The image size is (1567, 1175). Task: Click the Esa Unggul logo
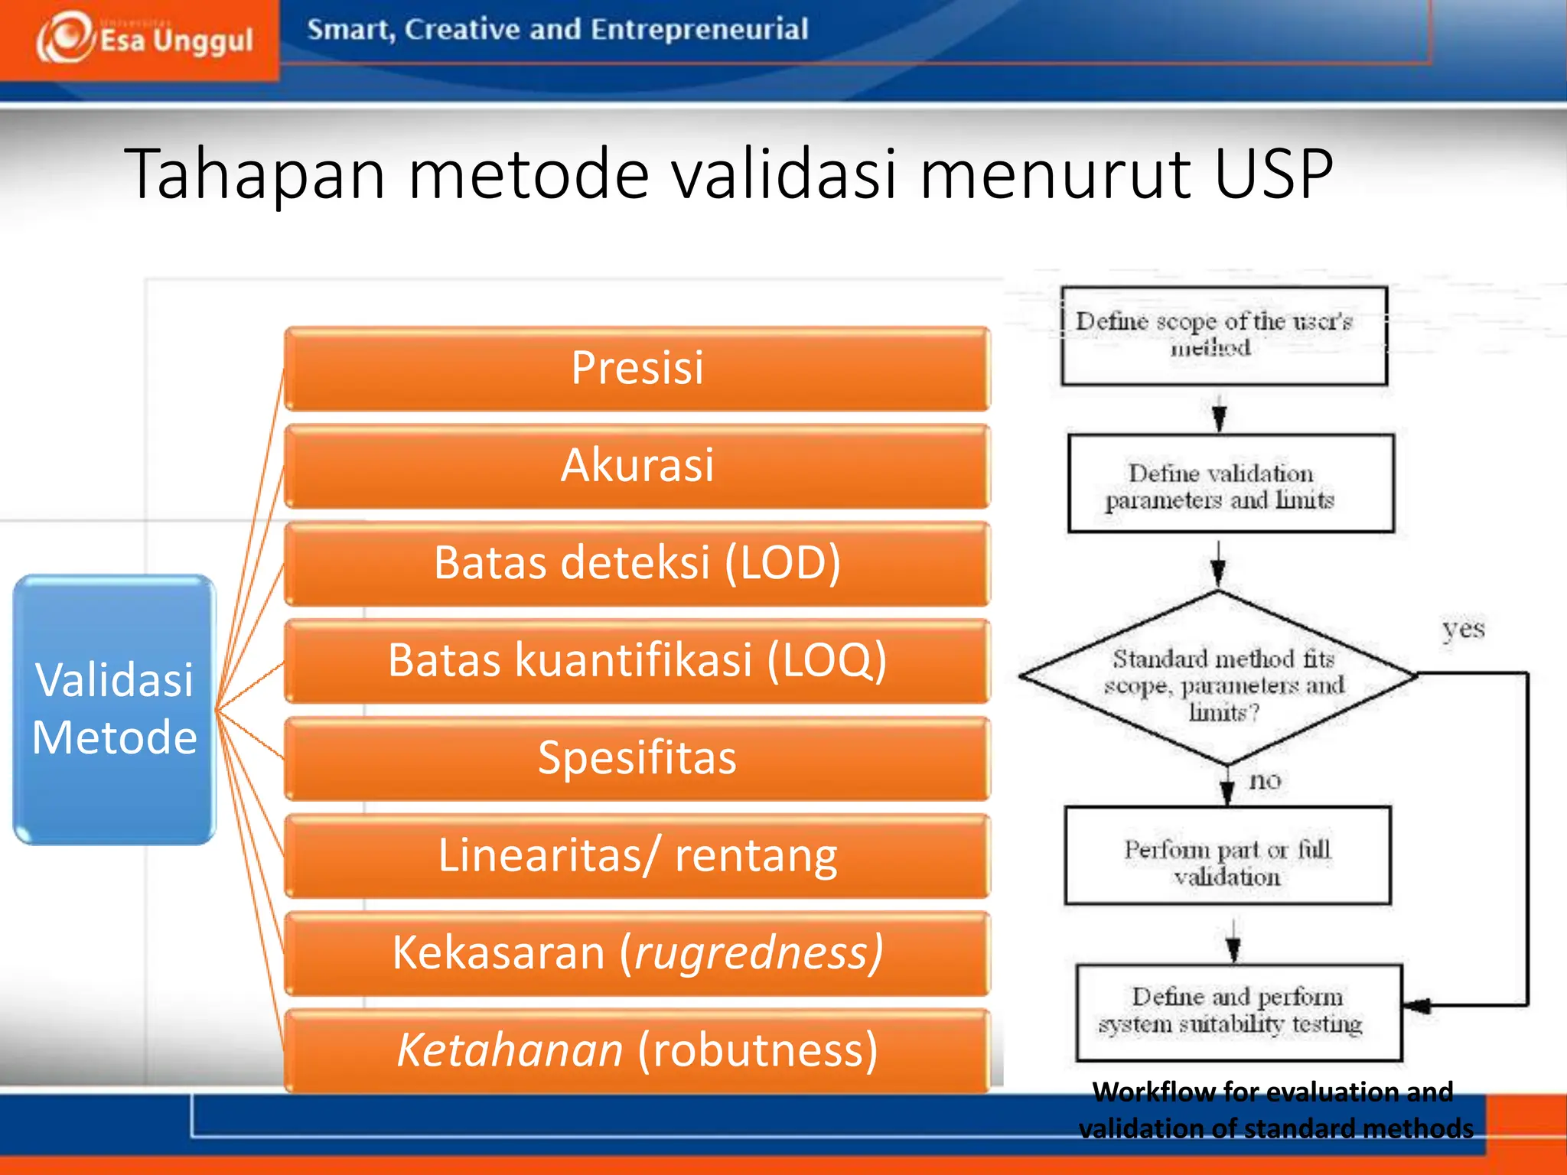pos(144,38)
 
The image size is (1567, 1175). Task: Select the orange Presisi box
pos(637,368)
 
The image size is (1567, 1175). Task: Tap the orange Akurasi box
pos(637,465)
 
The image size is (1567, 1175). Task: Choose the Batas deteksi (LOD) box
pos(637,563)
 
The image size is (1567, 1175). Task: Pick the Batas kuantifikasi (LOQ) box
pos(637,660)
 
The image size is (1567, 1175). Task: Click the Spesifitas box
pos(637,758)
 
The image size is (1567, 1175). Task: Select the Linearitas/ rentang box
pos(637,855)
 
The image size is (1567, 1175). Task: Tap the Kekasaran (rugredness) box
pos(637,953)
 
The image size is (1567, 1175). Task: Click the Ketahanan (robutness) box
pos(637,1050)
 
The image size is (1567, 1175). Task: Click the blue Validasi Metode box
pos(115,709)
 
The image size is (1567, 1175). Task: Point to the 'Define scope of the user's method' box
pos(1223,335)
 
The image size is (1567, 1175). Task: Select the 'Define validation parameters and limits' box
pos(1230,483)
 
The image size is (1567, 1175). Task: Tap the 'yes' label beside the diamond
pos(1463,630)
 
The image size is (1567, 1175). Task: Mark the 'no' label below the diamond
pos(1264,781)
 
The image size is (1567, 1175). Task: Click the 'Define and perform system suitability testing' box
pos(1237,1012)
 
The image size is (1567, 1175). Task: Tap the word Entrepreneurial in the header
pos(699,30)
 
